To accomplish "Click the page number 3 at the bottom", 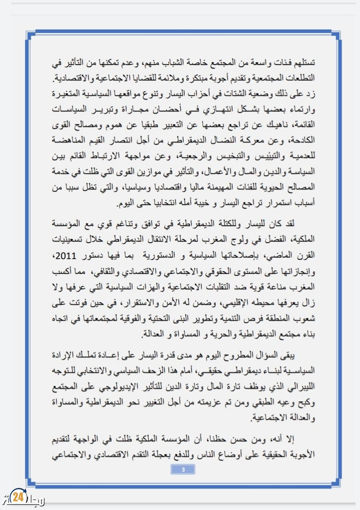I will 183,469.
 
